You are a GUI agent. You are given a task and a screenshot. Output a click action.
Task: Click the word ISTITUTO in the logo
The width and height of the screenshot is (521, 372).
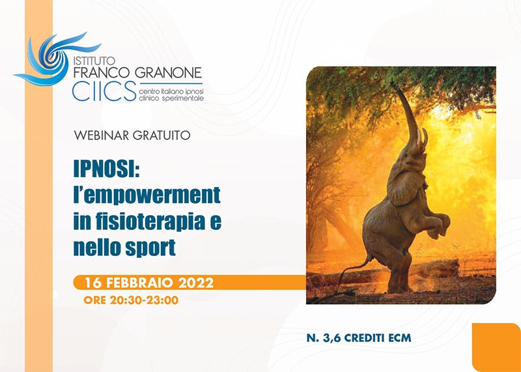point(94,61)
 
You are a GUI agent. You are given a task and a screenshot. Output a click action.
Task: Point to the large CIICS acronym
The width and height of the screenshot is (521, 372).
point(104,91)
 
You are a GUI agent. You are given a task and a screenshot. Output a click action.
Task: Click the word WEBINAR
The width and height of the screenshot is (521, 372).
point(102,136)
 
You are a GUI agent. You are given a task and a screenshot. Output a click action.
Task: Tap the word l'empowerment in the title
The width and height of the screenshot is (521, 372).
point(147,195)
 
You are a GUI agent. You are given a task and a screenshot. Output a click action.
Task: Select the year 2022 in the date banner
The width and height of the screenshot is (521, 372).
point(196,283)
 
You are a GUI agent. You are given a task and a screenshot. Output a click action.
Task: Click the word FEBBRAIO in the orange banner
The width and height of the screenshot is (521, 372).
point(139,283)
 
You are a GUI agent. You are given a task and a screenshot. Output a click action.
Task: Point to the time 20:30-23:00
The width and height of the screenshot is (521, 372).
point(144,300)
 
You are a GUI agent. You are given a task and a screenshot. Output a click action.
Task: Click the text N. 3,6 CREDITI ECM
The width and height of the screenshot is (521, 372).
point(359,337)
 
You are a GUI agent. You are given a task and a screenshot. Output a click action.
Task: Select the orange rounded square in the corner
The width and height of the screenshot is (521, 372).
point(496,347)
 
